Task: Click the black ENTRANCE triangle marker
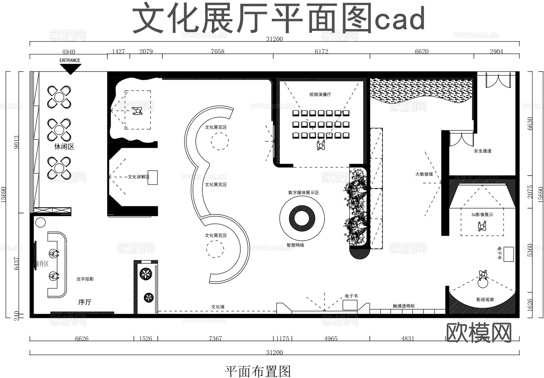pyautogui.click(x=70, y=69)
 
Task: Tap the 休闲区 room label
pyautogui.click(x=64, y=147)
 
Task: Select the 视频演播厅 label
pyautogui.click(x=320, y=94)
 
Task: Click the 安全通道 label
pyautogui.click(x=483, y=151)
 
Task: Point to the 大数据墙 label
pyautogui.click(x=424, y=174)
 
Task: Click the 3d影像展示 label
pyautogui.click(x=482, y=215)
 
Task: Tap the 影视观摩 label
pyautogui.click(x=485, y=299)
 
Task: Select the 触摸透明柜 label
pyautogui.click(x=404, y=306)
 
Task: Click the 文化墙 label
pyautogui.click(x=218, y=307)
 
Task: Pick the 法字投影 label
pyautogui.click(x=85, y=279)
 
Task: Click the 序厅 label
pyautogui.click(x=85, y=302)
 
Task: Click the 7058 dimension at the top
pyautogui.click(x=218, y=51)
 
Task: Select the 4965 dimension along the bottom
pyautogui.click(x=331, y=338)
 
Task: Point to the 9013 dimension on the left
pyautogui.click(x=16, y=142)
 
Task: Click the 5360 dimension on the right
pyautogui.click(x=530, y=250)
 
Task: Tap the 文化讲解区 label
pyautogui.click(x=138, y=177)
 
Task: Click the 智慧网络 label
pyautogui.click(x=295, y=245)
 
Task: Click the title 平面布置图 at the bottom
pyautogui.click(x=258, y=371)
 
